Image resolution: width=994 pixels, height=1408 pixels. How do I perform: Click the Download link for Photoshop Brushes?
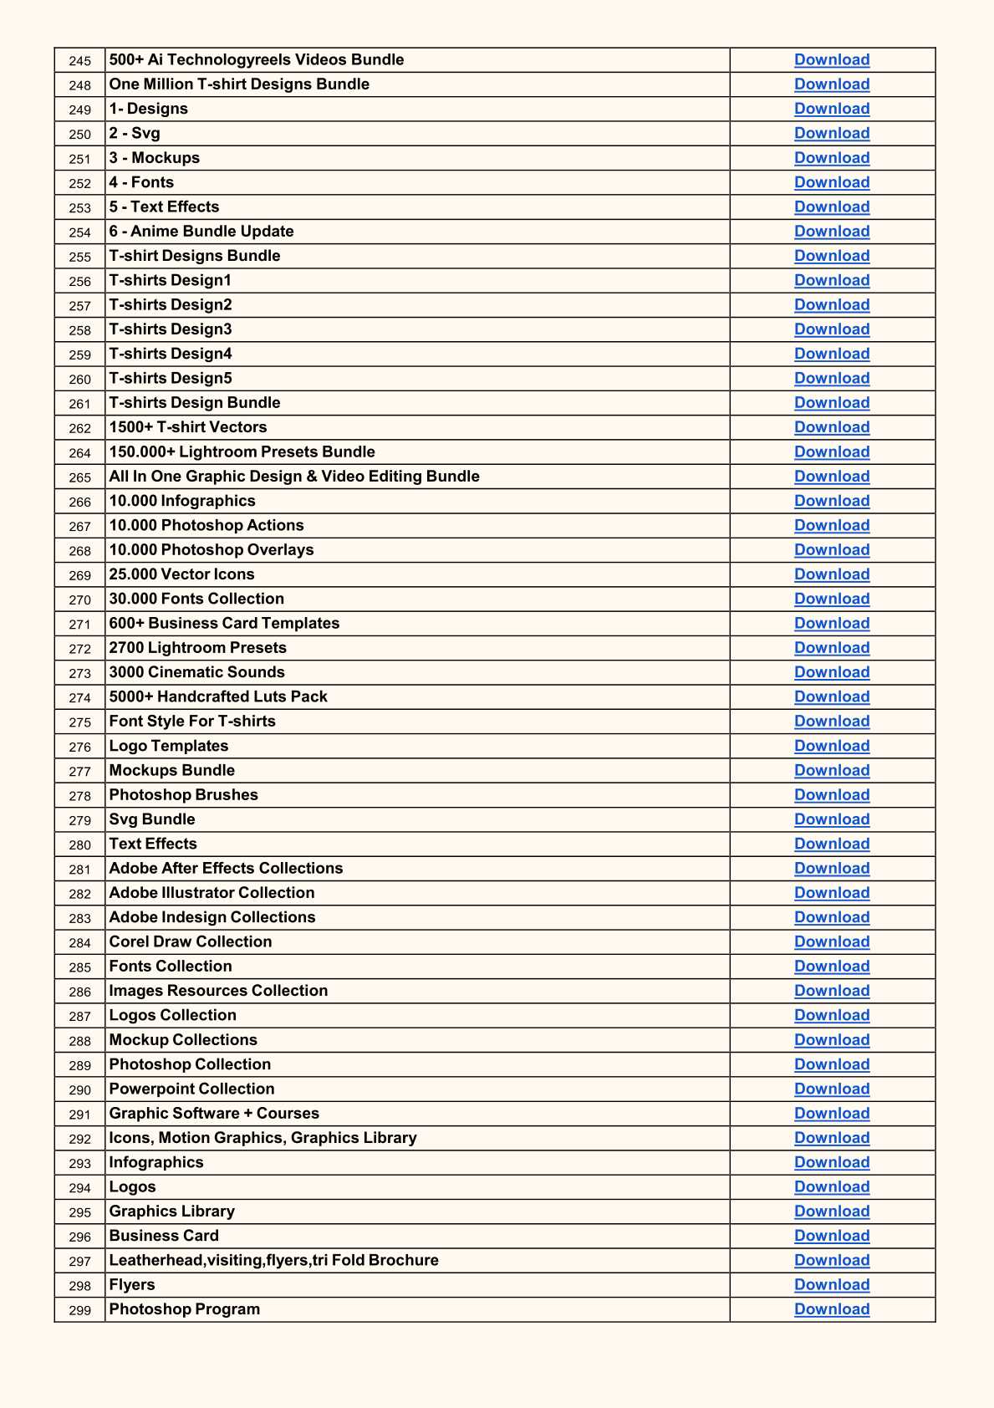point(832,795)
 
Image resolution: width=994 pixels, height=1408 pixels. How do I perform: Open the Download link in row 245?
point(832,60)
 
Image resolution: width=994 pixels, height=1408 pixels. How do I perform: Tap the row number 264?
point(80,453)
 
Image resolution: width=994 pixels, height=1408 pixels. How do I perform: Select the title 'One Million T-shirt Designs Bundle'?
point(239,84)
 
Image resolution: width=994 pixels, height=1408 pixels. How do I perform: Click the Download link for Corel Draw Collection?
point(832,942)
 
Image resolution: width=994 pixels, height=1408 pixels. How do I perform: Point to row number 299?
point(80,1310)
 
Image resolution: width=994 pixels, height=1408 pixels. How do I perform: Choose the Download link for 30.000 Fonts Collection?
point(832,599)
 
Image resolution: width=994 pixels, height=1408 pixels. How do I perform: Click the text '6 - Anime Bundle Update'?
point(201,232)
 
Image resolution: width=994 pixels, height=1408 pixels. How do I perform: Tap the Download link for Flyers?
point(832,1285)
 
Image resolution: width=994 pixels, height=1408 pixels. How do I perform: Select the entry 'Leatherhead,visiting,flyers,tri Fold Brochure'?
point(273,1260)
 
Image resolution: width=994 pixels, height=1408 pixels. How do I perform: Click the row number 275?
point(80,722)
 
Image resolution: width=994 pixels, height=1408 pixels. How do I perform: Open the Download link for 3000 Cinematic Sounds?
point(832,672)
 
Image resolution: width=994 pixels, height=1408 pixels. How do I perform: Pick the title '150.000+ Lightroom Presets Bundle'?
point(242,452)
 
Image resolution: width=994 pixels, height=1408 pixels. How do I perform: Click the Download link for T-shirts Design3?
point(832,329)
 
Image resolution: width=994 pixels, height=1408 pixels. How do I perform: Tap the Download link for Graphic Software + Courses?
point(832,1114)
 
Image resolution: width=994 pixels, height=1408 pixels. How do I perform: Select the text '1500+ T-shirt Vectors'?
point(188,427)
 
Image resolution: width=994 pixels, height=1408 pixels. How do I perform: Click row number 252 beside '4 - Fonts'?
point(80,184)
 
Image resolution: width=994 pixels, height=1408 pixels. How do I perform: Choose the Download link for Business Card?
point(832,1236)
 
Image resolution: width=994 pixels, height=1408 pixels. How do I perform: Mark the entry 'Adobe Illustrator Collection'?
point(212,893)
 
